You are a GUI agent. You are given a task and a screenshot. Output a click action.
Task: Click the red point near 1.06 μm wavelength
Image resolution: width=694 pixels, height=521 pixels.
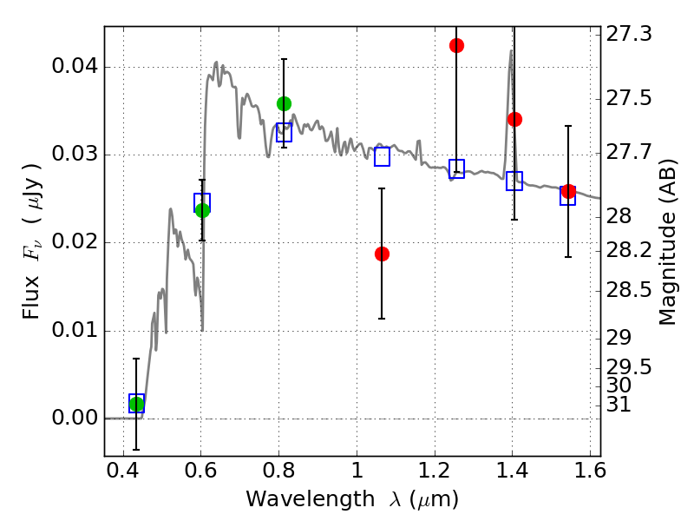click(x=382, y=254)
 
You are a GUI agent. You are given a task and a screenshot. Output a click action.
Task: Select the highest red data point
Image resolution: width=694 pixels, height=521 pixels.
click(x=457, y=45)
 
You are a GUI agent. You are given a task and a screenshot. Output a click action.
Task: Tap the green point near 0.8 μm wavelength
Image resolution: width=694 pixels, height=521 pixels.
click(x=285, y=103)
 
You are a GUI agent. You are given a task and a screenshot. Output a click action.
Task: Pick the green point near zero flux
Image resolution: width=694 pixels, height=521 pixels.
click(x=137, y=404)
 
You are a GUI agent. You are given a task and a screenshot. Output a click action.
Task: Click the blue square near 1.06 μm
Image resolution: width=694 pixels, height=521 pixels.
click(x=382, y=156)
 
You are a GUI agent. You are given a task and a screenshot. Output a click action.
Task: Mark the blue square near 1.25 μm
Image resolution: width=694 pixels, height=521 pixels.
click(x=457, y=168)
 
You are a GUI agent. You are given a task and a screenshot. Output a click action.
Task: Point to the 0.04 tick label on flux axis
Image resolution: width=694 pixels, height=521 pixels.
click(x=75, y=67)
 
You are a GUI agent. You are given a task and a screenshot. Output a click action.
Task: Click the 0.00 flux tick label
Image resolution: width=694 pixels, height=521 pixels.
click(x=75, y=418)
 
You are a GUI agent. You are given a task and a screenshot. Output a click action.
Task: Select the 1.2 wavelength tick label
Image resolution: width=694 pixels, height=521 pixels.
click(x=435, y=471)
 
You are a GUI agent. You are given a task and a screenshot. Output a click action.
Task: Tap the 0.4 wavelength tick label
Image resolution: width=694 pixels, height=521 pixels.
click(x=123, y=471)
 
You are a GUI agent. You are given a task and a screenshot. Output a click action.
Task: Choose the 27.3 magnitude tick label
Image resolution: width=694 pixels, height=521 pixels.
click(x=628, y=34)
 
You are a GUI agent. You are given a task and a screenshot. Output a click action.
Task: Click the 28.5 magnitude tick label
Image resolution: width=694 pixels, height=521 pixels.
click(x=628, y=291)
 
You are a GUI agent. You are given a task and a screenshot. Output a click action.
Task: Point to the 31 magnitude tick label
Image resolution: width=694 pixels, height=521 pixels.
click(x=619, y=404)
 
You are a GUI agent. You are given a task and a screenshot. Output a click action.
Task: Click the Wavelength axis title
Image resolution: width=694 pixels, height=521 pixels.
click(x=352, y=499)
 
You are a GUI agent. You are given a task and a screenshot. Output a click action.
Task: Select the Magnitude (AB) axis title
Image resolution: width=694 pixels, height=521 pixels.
click(x=668, y=241)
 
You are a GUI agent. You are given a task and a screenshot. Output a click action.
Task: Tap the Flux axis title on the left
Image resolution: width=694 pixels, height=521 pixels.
click(x=31, y=241)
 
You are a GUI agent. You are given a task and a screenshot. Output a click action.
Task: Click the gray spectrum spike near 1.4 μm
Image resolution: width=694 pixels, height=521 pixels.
click(x=510, y=50)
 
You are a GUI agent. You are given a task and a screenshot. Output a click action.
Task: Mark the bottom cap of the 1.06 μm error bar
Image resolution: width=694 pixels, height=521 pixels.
click(x=382, y=319)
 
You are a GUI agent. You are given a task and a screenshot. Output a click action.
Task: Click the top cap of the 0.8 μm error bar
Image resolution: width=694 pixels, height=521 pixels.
click(x=285, y=58)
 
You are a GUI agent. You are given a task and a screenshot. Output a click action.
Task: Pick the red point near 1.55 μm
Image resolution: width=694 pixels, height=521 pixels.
click(x=568, y=191)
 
